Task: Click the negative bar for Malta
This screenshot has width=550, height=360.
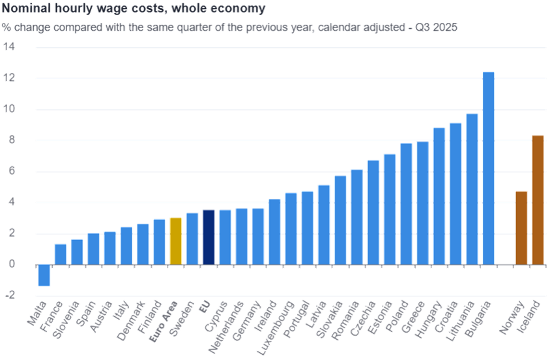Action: click(44, 275)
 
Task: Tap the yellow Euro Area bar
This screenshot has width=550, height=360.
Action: click(175, 241)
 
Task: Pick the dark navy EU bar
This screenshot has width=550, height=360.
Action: click(209, 237)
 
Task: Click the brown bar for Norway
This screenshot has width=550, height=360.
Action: click(521, 228)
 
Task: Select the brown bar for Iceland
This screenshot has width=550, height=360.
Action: click(538, 200)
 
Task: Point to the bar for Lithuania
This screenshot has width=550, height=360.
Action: click(472, 189)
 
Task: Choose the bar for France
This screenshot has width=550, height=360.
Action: click(61, 254)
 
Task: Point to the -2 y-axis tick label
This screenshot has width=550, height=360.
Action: click(8, 295)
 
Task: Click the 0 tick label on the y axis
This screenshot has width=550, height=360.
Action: click(12, 265)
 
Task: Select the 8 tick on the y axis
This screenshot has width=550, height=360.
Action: click(12, 140)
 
